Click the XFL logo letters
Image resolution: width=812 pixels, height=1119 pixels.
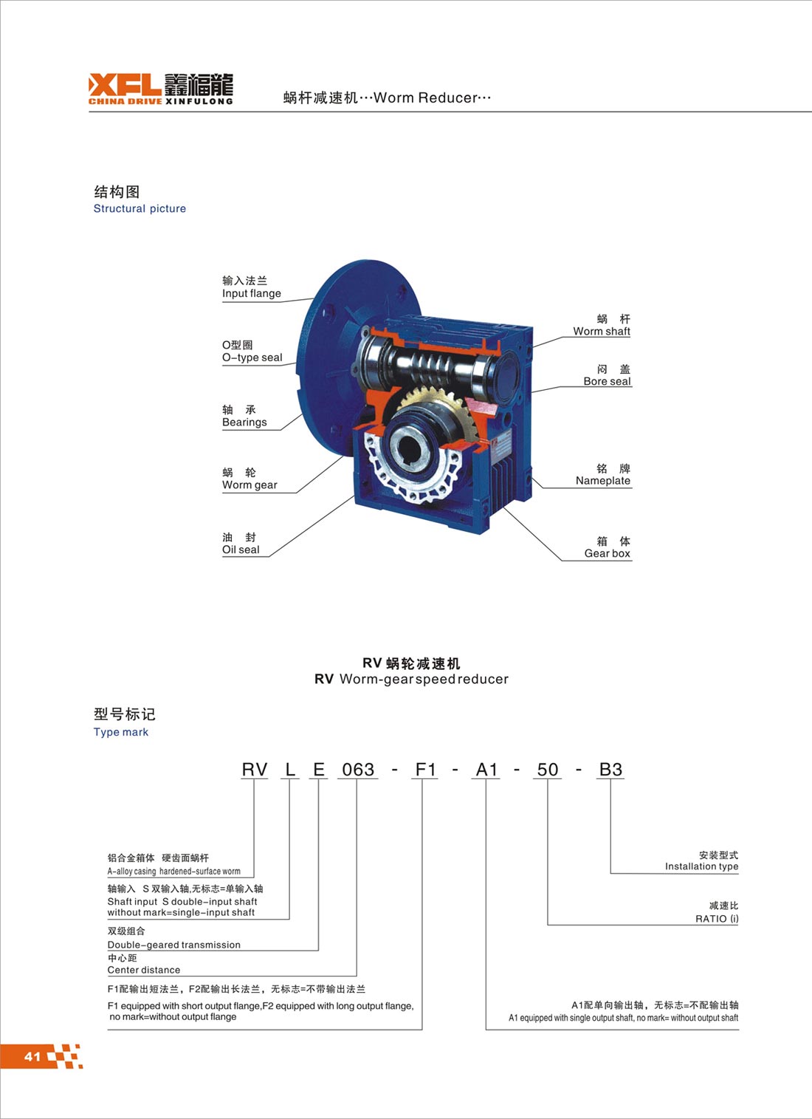[125, 84]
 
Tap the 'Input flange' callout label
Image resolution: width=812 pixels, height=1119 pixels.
[251, 293]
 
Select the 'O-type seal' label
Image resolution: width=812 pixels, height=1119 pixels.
[252, 357]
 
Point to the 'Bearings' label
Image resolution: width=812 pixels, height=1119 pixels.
[244, 422]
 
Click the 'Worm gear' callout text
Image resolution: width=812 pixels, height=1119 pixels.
[250, 485]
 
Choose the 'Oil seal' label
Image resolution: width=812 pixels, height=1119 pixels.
[241, 550]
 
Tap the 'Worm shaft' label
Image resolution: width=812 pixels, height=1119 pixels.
[602, 331]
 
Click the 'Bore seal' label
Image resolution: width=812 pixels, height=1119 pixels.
[607, 381]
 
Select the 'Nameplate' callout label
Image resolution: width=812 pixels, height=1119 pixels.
[603, 481]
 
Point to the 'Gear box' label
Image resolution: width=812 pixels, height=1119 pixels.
[608, 553]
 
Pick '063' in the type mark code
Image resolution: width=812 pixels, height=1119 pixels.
[357, 770]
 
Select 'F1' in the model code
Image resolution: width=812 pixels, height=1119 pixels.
[425, 770]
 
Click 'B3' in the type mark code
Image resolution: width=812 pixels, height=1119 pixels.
[610, 770]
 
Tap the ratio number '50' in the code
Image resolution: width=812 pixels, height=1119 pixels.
[547, 770]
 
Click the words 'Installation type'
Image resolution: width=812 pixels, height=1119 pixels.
[701, 866]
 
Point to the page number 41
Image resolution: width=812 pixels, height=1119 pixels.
[32, 1055]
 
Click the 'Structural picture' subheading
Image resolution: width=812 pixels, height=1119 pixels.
[140, 208]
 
